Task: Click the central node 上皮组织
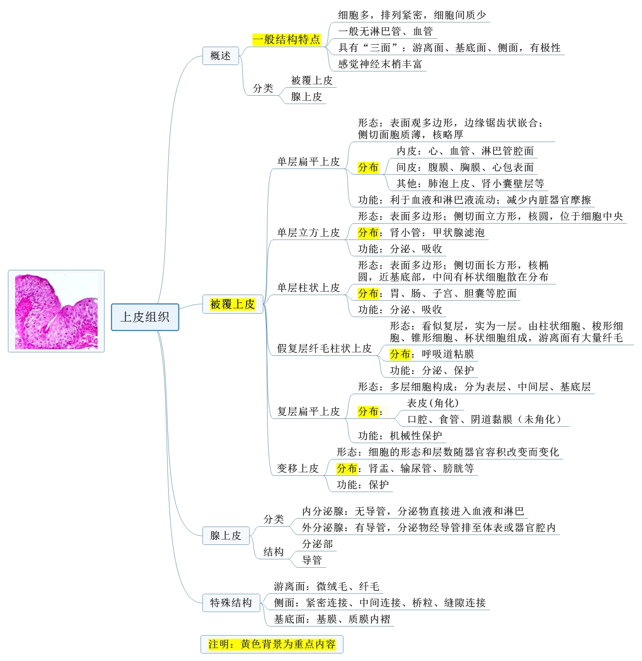[x=145, y=317]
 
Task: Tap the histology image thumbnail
[x=56, y=311]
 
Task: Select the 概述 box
[x=220, y=56]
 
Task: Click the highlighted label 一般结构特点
[x=286, y=39]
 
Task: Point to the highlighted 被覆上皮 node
[x=232, y=304]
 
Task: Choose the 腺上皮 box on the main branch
[x=226, y=535]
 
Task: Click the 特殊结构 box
[x=231, y=603]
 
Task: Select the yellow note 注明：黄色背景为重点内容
[x=272, y=644]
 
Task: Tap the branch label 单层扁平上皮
[x=308, y=162]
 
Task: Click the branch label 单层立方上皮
[x=308, y=233]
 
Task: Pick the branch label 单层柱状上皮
[x=308, y=288]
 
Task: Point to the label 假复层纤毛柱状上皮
[x=324, y=349]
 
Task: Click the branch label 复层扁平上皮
[x=308, y=412]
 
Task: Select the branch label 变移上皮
[x=297, y=469]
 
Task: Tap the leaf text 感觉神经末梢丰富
[x=380, y=64]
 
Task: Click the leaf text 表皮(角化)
[x=433, y=403]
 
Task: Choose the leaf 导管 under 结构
[x=312, y=560]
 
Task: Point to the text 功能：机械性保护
[x=400, y=436]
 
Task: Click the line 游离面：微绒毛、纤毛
[x=326, y=587]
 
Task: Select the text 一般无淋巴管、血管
[x=385, y=32]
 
